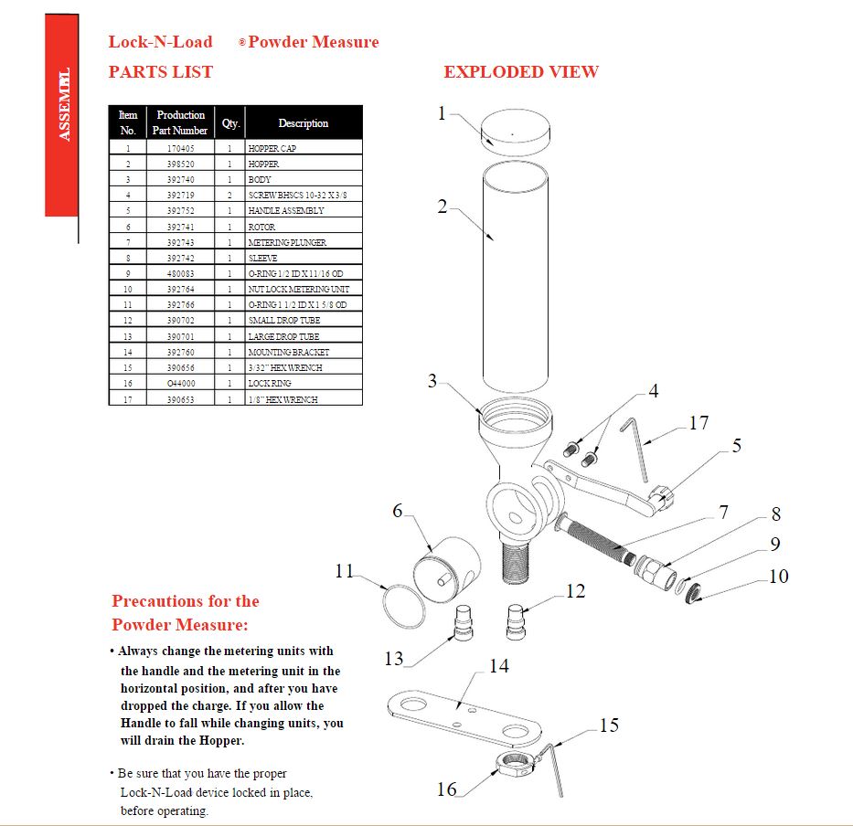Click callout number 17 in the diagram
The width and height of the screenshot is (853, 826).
[698, 423]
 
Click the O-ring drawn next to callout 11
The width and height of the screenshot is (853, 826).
[401, 604]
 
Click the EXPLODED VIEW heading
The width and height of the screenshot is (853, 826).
[521, 72]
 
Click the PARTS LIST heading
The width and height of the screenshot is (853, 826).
[161, 72]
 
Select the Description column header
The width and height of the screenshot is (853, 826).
[303, 123]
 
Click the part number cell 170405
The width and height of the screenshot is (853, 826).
[180, 148]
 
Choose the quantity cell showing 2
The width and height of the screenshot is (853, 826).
[229, 196]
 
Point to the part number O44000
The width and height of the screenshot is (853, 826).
[180, 384]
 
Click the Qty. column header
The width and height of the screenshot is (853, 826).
[229, 123]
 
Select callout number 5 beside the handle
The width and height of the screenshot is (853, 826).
[736, 446]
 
